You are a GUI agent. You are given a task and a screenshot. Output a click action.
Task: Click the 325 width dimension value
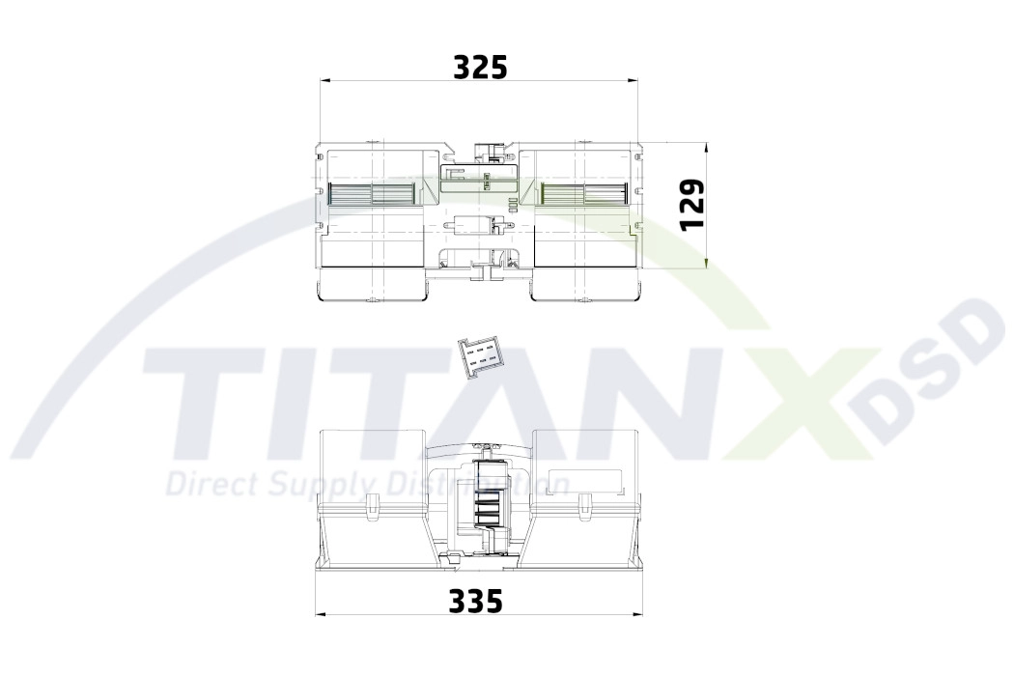[481, 67]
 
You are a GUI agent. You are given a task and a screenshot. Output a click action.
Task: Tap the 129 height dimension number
[692, 204]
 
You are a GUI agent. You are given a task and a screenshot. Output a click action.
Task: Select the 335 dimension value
[475, 601]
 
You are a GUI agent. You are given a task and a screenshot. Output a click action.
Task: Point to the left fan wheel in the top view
[371, 192]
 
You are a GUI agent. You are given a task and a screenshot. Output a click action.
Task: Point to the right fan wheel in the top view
[584, 192]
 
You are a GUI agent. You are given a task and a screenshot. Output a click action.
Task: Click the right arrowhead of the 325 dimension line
[634, 81]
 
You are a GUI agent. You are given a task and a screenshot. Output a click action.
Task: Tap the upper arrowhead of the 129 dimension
[708, 149]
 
